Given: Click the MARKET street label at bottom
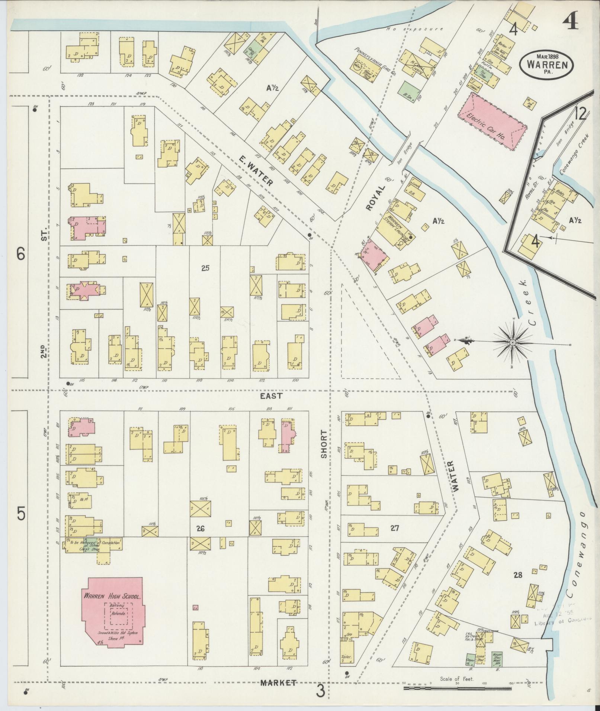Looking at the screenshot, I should pyautogui.click(x=278, y=682).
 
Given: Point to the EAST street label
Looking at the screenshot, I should pyautogui.click(x=272, y=396).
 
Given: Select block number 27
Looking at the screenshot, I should pyautogui.click(x=395, y=528).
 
